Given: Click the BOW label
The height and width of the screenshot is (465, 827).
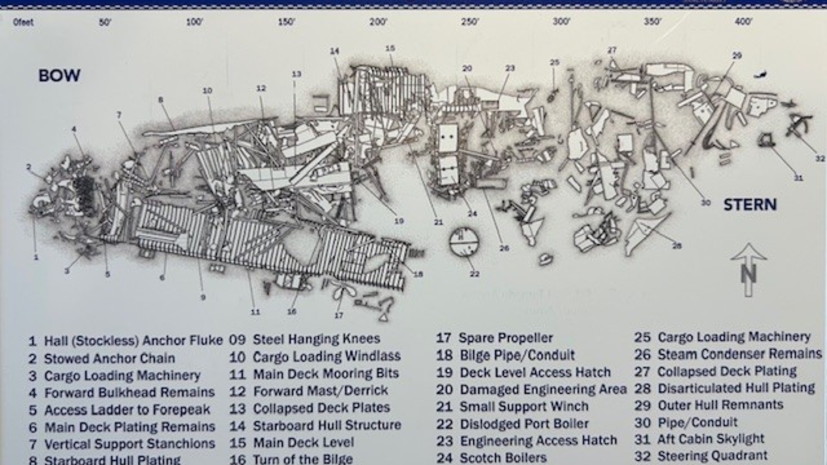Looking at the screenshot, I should (x=59, y=76).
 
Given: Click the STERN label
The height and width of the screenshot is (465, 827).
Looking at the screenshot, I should (x=750, y=205).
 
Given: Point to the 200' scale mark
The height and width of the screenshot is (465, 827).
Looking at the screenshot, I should (x=378, y=22).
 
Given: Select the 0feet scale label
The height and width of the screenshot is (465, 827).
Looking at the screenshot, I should (x=23, y=22).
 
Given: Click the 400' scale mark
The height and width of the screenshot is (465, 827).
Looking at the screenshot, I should (x=743, y=22).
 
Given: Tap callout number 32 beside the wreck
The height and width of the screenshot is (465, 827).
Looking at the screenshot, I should (x=820, y=159).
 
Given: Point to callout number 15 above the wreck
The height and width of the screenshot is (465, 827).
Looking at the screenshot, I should (x=390, y=48).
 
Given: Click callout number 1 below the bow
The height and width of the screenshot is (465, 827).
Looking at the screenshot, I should (x=36, y=257).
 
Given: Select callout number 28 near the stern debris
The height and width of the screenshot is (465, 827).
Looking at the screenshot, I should (x=677, y=246).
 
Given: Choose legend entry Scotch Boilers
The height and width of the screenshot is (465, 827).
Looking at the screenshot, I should (x=503, y=458).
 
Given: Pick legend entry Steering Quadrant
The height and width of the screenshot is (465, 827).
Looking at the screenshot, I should (x=712, y=456).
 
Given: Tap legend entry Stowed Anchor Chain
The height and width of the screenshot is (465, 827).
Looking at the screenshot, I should (x=109, y=358).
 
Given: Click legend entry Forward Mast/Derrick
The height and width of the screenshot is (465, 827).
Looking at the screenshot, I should (x=320, y=391).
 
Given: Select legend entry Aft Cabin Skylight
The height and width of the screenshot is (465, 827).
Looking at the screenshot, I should (x=710, y=439).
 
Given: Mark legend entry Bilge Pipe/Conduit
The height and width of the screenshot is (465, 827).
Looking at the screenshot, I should (x=517, y=355).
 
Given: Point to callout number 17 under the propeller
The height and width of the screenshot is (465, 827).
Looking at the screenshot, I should (x=339, y=316).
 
